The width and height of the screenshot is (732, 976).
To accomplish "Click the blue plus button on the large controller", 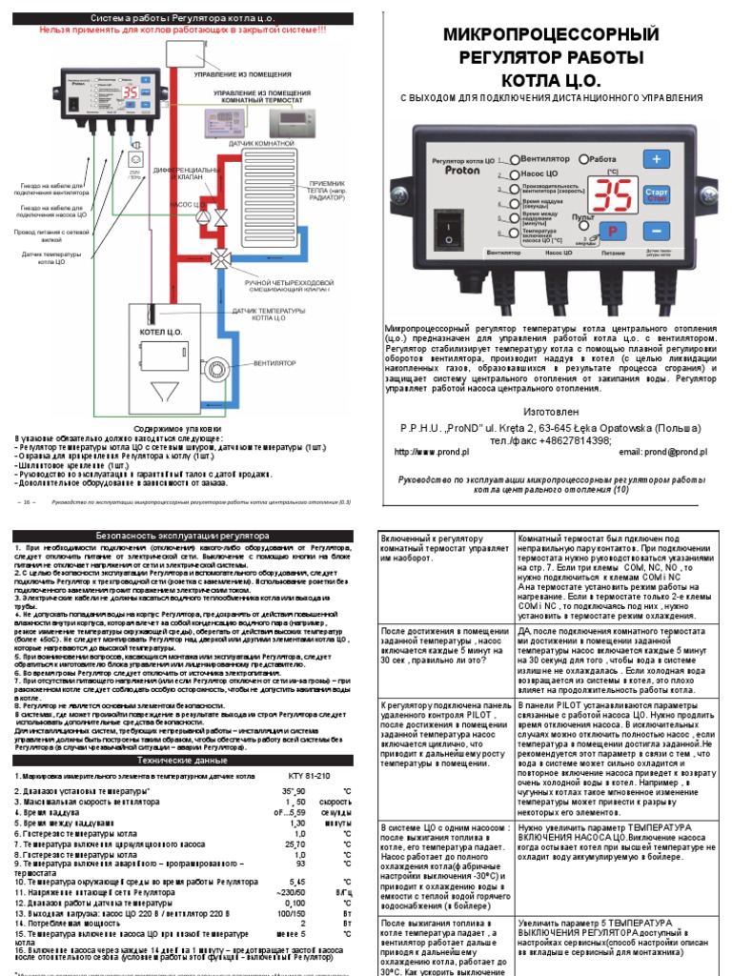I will point(656,158).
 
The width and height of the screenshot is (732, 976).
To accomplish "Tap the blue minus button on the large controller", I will point(656,232).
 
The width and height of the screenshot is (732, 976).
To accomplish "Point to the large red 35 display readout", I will point(609,194).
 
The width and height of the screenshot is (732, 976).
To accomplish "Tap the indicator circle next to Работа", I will point(583,159).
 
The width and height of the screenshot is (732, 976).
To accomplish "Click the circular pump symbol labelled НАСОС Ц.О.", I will point(202,205).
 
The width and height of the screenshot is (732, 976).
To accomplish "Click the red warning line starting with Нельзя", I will point(182,30).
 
